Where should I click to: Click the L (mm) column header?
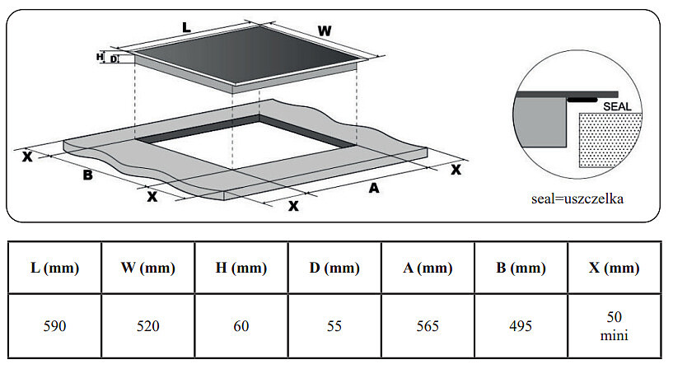[54, 269]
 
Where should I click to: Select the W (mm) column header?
[147, 269]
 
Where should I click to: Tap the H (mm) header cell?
[241, 269]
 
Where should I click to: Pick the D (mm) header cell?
[334, 269]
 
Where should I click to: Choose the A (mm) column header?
[427, 269]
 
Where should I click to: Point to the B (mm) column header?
[521, 269]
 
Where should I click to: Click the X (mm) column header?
[615, 269]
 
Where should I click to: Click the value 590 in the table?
[54, 326]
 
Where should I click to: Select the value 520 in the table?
[147, 326]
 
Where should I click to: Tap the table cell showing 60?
[241, 326]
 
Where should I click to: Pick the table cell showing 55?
[334, 326]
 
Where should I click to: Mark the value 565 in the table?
[427, 326]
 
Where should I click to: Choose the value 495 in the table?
[521, 326]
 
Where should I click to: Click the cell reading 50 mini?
[615, 326]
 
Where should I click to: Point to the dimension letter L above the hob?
[186, 27]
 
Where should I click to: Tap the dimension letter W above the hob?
[325, 31]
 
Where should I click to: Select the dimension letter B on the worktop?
[86, 175]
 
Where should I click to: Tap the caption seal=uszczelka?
[577, 199]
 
